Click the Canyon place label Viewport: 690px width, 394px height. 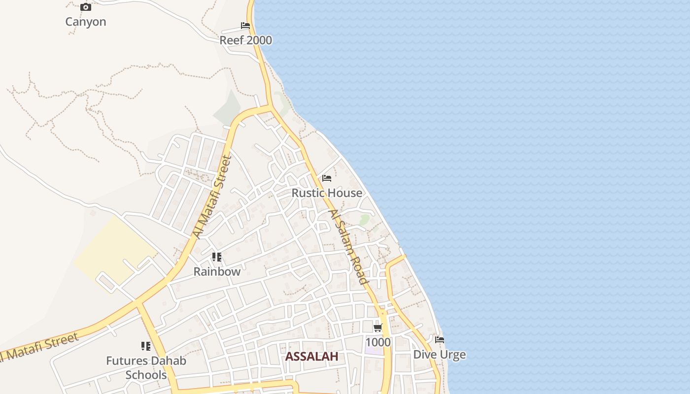pyautogui.click(x=86, y=22)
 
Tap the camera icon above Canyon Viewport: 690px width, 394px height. pyautogui.click(x=86, y=7)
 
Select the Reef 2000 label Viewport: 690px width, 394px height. pyautogui.click(x=245, y=40)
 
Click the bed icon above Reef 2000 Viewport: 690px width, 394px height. pyautogui.click(x=245, y=26)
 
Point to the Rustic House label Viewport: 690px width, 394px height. pyautogui.click(x=327, y=193)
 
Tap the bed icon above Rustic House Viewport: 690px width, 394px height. pyautogui.click(x=327, y=178)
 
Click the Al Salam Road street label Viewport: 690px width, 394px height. pyautogui.click(x=348, y=247)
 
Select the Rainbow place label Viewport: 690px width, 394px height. pyautogui.click(x=217, y=271)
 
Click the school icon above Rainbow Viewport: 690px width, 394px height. pyautogui.click(x=217, y=257)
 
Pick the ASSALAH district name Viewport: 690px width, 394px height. pyautogui.click(x=312, y=357)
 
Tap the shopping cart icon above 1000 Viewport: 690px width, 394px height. pyautogui.click(x=378, y=328)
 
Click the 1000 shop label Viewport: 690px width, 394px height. pyautogui.click(x=378, y=342)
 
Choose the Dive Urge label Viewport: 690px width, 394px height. pyautogui.click(x=439, y=355)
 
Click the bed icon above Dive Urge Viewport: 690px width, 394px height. pyautogui.click(x=440, y=340)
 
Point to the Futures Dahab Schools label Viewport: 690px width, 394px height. pyautogui.click(x=146, y=368)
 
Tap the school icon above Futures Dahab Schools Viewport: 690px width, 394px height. pyautogui.click(x=146, y=346)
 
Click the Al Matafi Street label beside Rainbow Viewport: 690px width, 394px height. pyautogui.click(x=212, y=197)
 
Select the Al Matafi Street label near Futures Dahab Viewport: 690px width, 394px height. pyautogui.click(x=39, y=347)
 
